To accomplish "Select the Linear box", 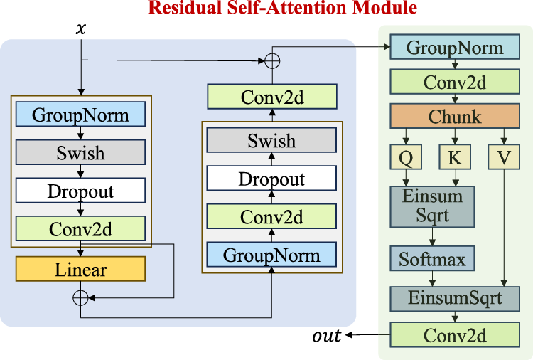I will point(80,270).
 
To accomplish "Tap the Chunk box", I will point(455,116).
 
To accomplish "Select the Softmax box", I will point(432,259).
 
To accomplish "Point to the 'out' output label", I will point(327,335).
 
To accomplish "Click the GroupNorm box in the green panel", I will point(455,48).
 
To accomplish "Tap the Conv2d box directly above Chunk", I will point(455,82).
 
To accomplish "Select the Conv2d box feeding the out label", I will point(455,335).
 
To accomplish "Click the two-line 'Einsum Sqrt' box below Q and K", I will point(432,206).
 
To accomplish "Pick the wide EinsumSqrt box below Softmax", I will point(455,297).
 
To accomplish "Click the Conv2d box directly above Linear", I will point(80,229).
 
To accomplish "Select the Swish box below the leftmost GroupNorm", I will point(80,152).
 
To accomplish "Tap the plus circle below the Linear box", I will point(80,295).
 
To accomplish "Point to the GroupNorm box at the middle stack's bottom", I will point(271,255).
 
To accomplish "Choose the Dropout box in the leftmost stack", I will point(80,191).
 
